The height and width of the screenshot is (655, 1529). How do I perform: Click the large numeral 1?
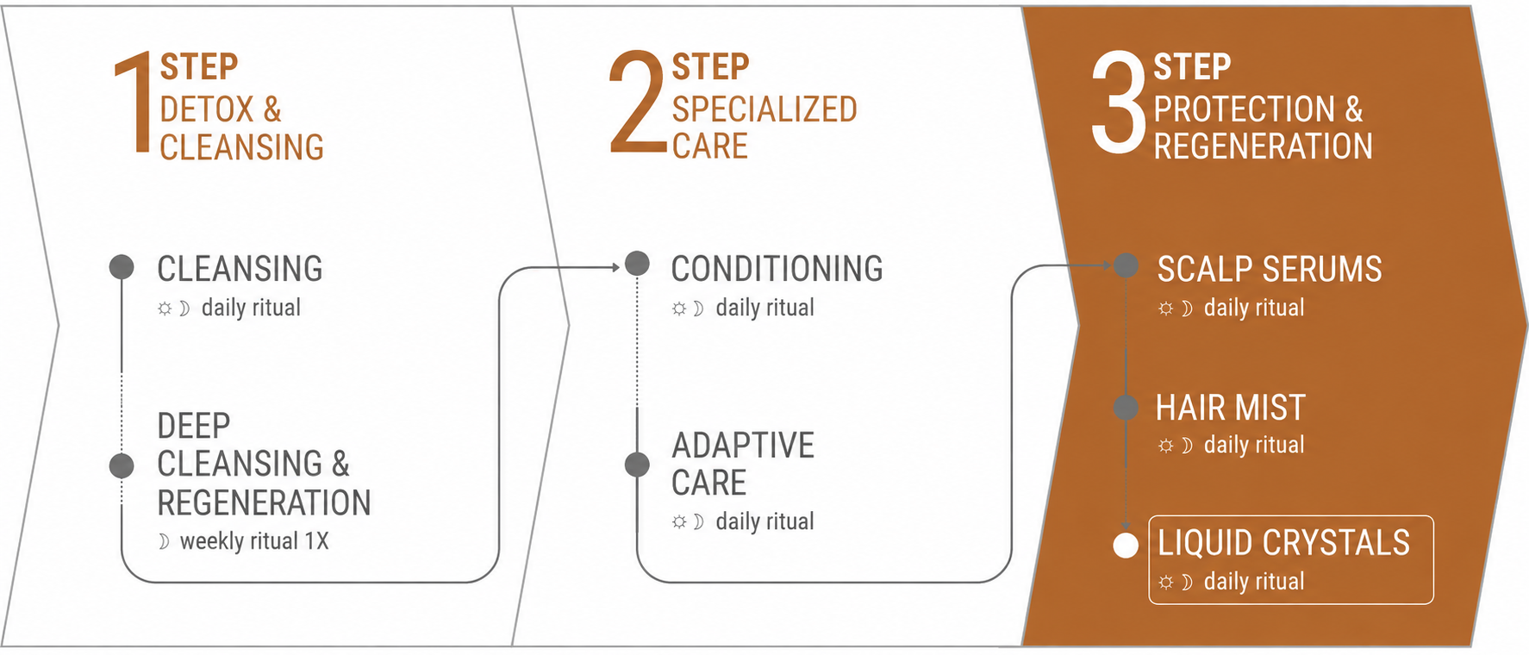point(134,103)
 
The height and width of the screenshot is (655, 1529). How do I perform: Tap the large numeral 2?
point(638,103)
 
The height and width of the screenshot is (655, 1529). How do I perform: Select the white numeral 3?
point(1118,103)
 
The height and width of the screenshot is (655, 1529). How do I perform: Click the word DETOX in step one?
point(207,109)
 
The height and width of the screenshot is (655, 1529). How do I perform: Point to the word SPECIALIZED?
point(764,109)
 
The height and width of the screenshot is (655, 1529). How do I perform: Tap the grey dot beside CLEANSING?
point(122,267)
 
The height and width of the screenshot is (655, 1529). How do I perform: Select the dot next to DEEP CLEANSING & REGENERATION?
point(122,465)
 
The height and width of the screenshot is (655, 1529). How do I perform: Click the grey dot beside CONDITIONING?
point(637,263)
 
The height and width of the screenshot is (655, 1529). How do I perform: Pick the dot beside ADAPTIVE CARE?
point(637,465)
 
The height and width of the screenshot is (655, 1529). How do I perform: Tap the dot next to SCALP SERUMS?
point(1126,265)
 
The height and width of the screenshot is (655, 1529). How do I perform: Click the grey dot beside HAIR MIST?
point(1126,407)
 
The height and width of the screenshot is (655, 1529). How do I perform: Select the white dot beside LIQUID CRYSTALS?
point(1126,546)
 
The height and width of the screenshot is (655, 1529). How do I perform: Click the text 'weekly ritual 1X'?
point(254,541)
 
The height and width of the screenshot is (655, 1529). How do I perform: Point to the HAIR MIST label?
point(1231,408)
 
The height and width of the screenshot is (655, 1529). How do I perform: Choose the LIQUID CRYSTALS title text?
point(1283,543)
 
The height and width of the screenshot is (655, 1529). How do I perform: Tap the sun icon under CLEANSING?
point(165,309)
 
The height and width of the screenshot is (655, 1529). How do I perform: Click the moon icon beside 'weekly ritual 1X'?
point(164,541)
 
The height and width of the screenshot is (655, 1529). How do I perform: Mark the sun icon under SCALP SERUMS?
point(1166,309)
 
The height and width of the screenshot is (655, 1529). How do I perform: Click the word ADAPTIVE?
point(743,446)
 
